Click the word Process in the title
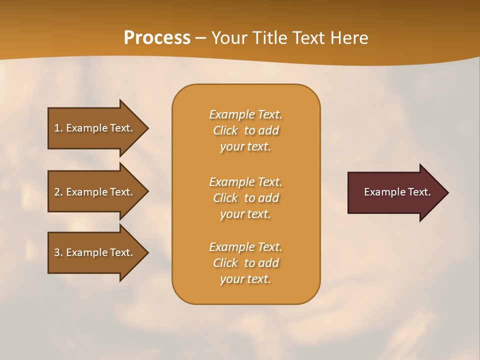click(x=157, y=38)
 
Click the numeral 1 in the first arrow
click(x=57, y=128)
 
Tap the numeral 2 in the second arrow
click(x=57, y=192)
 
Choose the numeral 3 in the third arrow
click(x=57, y=252)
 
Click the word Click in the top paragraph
click(x=225, y=131)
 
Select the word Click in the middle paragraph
click(x=225, y=198)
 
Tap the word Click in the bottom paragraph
click(x=225, y=263)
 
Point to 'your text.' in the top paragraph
click(x=245, y=147)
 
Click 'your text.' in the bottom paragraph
click(x=245, y=279)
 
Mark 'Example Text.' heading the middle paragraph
click(x=245, y=182)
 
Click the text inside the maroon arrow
click(x=397, y=192)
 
